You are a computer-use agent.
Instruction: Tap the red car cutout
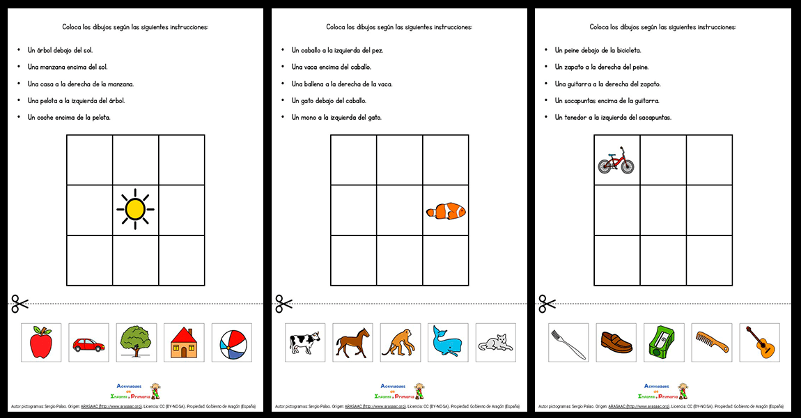88,344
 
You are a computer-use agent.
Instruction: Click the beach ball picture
232,343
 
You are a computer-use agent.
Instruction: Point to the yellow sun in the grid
135,209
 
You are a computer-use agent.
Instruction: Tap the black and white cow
304,343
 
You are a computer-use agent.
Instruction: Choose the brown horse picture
352,343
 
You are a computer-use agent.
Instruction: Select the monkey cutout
399,343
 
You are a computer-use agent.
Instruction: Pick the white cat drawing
495,343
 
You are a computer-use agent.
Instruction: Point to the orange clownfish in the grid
446,210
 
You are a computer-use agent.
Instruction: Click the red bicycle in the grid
616,161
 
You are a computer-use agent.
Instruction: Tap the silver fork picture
568,343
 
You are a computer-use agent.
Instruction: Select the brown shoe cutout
616,343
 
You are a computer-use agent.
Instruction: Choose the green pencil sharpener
664,343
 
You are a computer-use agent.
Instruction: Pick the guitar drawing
759,342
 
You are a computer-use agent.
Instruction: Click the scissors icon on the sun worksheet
20,304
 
